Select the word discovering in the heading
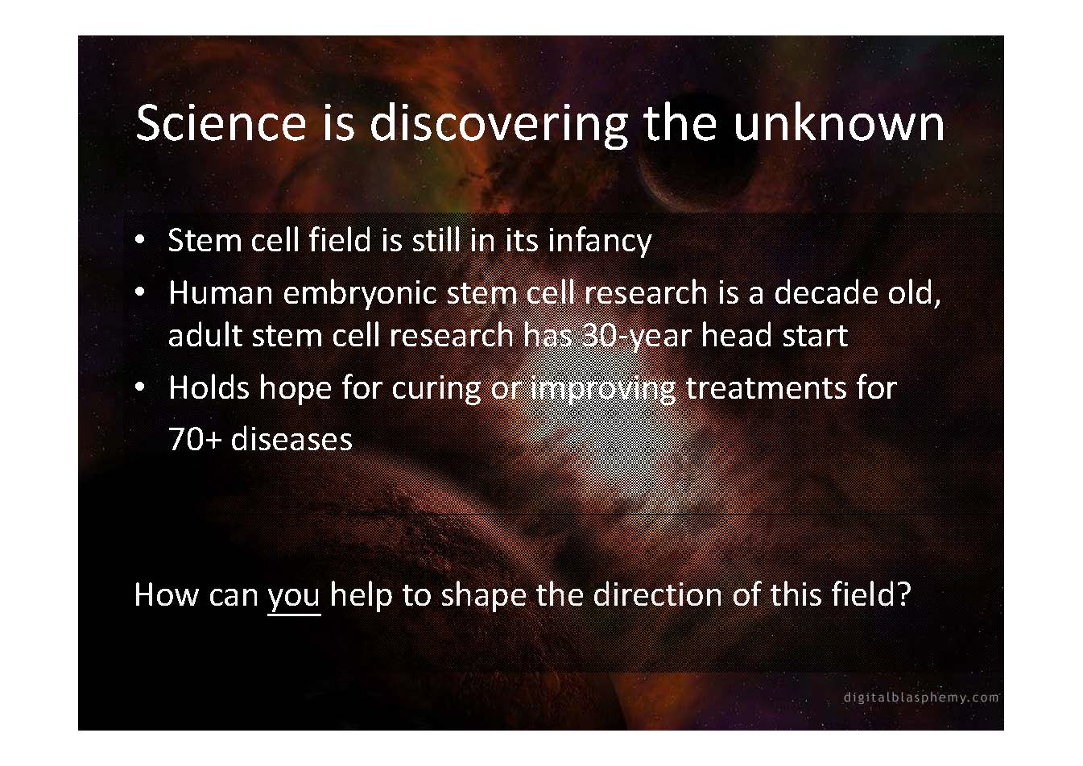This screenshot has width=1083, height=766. point(498,126)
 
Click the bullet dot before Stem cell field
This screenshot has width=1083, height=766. point(140,240)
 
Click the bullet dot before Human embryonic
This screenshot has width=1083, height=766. point(140,292)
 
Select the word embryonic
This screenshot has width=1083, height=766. point(360,294)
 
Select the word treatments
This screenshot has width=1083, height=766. point(766,388)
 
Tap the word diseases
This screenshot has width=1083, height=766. point(291,439)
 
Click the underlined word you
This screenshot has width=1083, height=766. point(293,597)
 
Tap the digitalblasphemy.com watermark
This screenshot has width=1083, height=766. point(921,698)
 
